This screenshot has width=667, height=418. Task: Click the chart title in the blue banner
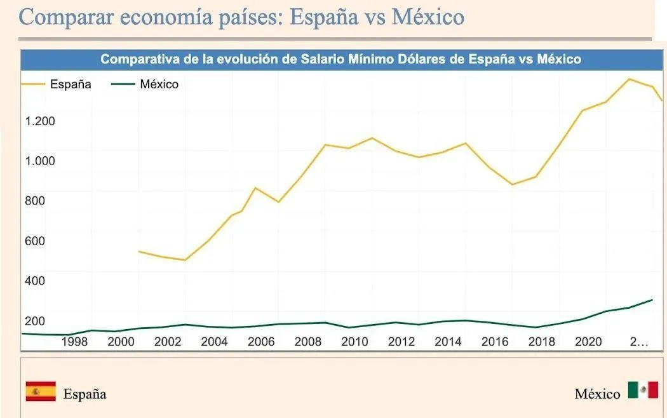pyautogui.click(x=340, y=60)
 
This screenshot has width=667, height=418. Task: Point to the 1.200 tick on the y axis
pyautogui.click(x=40, y=121)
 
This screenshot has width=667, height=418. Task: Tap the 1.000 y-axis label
pyautogui.click(x=40, y=161)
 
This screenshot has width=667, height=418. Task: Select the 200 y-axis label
pyautogui.click(x=35, y=321)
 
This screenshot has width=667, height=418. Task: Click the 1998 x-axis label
pyautogui.click(x=74, y=342)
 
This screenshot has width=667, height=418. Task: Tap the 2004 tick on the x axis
pyautogui.click(x=214, y=342)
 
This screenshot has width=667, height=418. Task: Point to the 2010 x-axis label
pyautogui.click(x=354, y=342)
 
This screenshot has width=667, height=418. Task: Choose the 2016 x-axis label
pyautogui.click(x=495, y=342)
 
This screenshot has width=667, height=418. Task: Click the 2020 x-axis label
pyautogui.click(x=588, y=342)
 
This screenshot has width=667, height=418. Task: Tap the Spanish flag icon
pyautogui.click(x=41, y=392)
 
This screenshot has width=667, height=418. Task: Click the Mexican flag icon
pyautogui.click(x=643, y=390)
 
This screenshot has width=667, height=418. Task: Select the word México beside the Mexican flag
pyautogui.click(x=597, y=394)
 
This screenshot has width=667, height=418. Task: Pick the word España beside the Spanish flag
pyautogui.click(x=84, y=394)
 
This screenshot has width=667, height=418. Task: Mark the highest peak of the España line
pyautogui.click(x=629, y=79)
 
